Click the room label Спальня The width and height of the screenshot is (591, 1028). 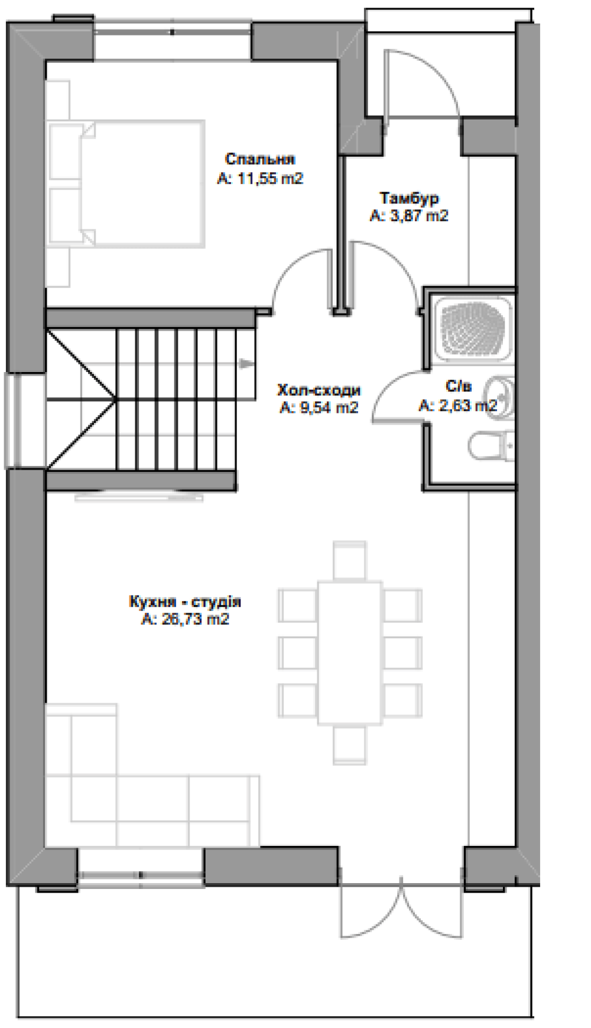point(260,159)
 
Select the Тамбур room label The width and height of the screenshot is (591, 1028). point(409,198)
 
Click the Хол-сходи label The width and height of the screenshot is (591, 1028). point(319,390)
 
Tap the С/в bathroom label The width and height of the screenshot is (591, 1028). point(459,387)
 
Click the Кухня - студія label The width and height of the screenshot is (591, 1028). point(185,602)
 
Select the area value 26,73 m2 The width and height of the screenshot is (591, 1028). point(192,619)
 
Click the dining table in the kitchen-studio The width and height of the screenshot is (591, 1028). point(349,652)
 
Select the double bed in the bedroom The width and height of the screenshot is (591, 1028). point(126,183)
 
